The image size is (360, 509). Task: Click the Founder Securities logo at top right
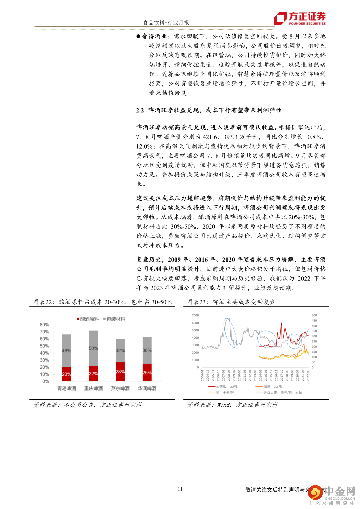[x=300, y=18]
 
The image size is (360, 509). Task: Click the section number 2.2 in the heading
[x=140, y=110]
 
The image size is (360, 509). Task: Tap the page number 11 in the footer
[x=180, y=489]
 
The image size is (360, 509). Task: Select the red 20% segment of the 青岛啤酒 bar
[x=67, y=374]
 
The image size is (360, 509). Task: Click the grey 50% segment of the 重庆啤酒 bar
[x=93, y=348]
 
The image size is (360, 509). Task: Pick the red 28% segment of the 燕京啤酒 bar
[x=120, y=371]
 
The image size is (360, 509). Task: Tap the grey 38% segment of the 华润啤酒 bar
[x=147, y=350]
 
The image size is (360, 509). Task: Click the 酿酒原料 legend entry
[x=88, y=319]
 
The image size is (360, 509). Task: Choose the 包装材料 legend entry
[x=114, y=319]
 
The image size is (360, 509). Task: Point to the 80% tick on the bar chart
[x=44, y=325]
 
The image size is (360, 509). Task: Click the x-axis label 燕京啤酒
[x=120, y=388]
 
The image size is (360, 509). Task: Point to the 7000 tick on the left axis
[x=195, y=315]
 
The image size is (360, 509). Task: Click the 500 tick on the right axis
[x=314, y=315]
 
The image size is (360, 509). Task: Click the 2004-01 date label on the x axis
[x=202, y=375]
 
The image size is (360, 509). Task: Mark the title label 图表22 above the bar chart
[x=43, y=302]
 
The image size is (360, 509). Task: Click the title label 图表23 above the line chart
[x=197, y=302]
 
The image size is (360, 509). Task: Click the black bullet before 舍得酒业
[x=138, y=36]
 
